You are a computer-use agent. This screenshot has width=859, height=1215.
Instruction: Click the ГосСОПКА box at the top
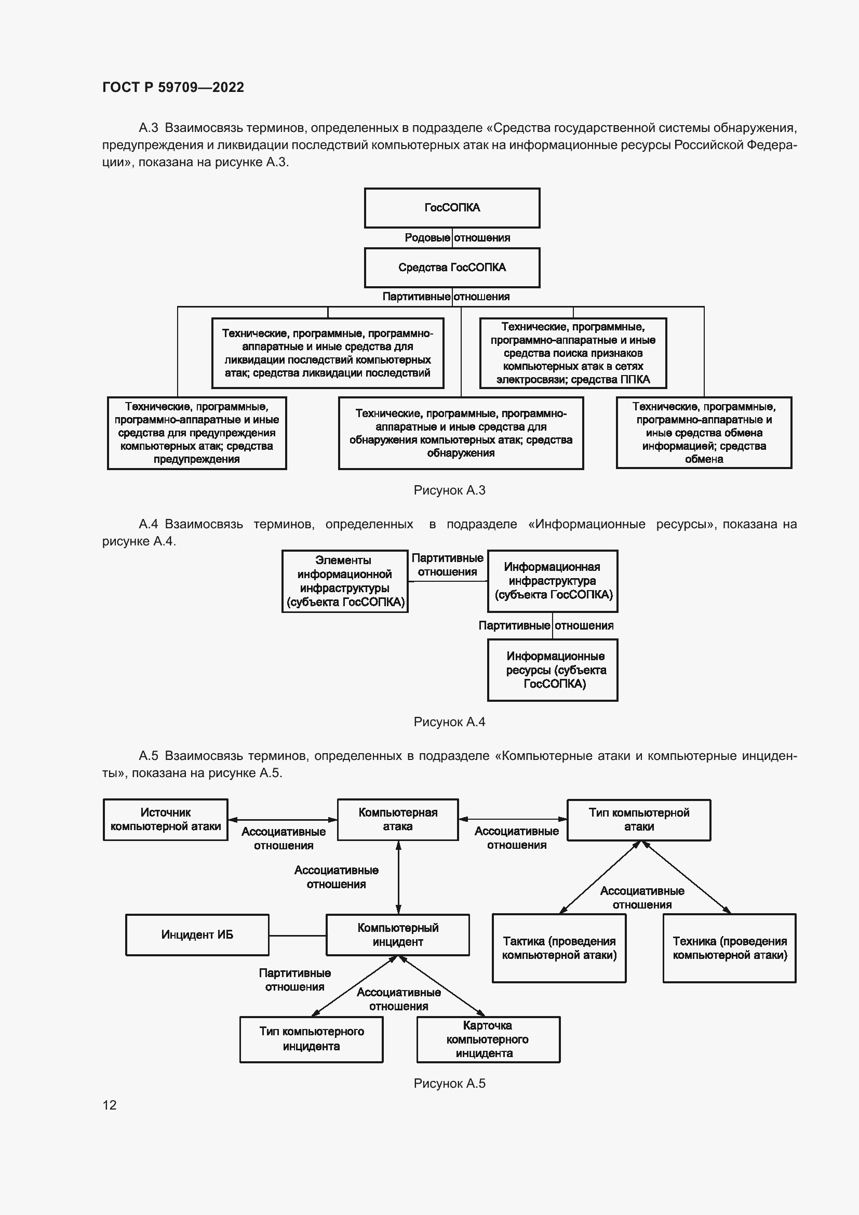click(452, 208)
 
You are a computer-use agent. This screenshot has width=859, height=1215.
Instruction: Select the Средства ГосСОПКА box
click(452, 268)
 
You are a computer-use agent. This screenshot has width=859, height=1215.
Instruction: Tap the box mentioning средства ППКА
click(573, 353)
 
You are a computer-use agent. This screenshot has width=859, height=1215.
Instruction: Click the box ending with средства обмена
click(704, 432)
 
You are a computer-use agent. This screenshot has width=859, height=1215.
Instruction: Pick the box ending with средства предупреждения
click(197, 433)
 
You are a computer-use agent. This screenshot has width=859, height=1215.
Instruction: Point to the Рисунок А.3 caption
click(449, 490)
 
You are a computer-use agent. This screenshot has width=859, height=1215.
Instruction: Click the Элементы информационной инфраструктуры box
click(345, 581)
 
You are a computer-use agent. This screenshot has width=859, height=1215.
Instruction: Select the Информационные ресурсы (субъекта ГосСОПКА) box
click(552, 670)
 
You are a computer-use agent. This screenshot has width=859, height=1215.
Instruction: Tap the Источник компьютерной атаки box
click(166, 820)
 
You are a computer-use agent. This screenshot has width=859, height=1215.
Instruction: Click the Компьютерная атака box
click(398, 820)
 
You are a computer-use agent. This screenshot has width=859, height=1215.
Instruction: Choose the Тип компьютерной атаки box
click(638, 820)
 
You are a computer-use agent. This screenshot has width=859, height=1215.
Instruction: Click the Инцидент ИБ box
click(197, 934)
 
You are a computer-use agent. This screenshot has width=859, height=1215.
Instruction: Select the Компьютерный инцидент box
click(398, 934)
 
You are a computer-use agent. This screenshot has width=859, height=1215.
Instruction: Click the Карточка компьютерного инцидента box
click(488, 1039)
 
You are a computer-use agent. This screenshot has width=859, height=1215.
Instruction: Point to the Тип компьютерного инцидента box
click(311, 1039)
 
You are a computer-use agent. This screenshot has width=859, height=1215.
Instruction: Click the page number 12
click(110, 1105)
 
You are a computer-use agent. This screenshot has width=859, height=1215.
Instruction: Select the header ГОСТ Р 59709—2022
click(173, 87)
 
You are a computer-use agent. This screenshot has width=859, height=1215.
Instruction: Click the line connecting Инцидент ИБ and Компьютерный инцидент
click(297, 936)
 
